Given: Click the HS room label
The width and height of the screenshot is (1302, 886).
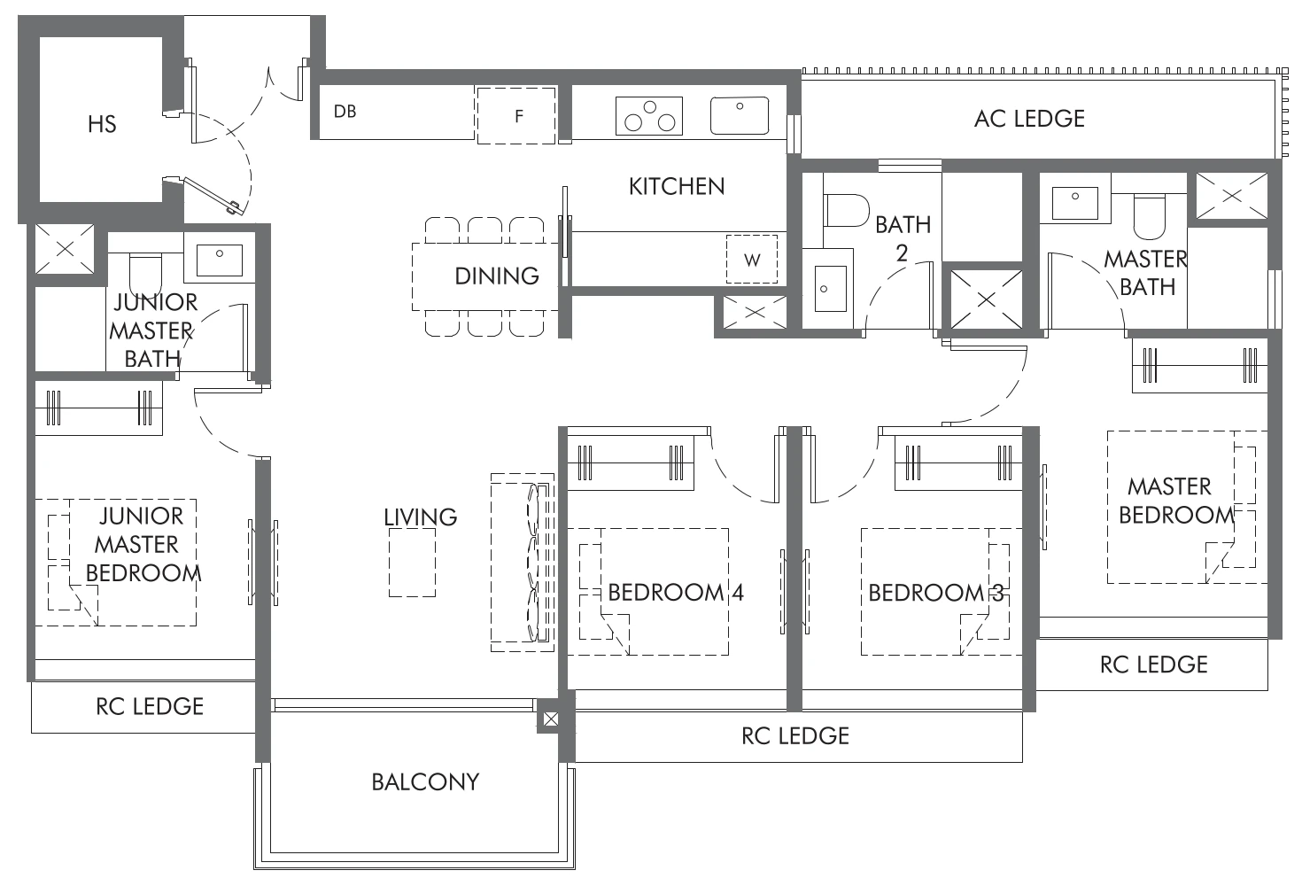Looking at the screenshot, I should click(102, 124).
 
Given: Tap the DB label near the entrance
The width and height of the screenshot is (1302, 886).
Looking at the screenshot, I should click(345, 112).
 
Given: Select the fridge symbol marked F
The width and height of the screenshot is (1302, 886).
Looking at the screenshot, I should click(518, 115).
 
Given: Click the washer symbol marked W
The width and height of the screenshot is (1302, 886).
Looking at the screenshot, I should click(751, 260).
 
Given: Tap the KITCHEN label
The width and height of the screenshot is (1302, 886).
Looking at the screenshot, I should click(677, 186).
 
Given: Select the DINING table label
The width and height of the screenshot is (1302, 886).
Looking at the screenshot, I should click(496, 276).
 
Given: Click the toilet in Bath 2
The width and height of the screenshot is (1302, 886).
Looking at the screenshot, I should click(846, 211).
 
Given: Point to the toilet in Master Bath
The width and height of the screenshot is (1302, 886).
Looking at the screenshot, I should click(1150, 216).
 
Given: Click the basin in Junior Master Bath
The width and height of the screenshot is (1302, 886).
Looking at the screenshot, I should click(220, 258).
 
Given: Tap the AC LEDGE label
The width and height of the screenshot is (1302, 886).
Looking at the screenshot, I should click(1029, 119).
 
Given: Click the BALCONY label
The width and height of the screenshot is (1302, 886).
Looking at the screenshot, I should click(425, 781).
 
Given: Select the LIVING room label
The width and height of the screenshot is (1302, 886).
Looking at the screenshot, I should click(421, 517).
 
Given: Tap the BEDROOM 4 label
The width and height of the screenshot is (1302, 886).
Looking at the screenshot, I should click(675, 592).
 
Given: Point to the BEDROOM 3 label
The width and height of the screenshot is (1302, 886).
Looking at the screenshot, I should click(935, 592).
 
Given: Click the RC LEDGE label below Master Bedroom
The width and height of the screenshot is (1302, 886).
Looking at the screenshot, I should click(1153, 664).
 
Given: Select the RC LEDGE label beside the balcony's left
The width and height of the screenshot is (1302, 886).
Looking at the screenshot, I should click(150, 706).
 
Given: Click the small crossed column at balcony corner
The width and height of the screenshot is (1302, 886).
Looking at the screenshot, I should click(549, 719).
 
